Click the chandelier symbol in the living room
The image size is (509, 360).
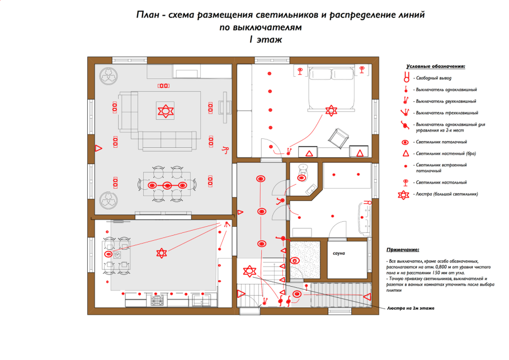tap(164, 110)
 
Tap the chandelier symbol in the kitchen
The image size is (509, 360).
tap(162, 253)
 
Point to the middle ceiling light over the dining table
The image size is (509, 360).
tap(167, 185)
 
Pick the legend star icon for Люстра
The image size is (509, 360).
tap(407, 195)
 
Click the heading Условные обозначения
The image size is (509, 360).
tap(436, 67)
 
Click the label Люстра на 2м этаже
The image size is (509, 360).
tap(411, 308)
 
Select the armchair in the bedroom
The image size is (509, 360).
tap(338, 137)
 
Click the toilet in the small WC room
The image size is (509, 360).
tap(303, 170)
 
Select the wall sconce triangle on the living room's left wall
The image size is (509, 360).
tap(98, 148)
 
